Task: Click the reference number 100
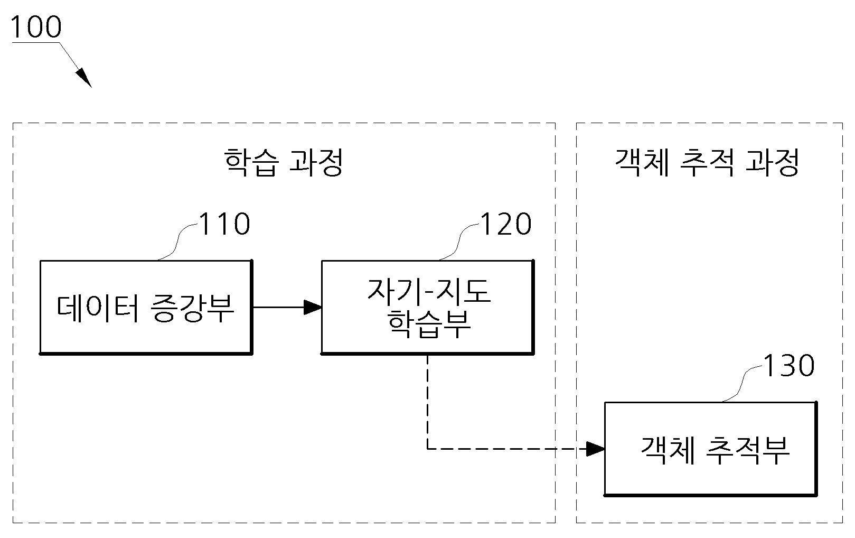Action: [36, 27]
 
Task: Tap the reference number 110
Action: [224, 224]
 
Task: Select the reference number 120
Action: [506, 224]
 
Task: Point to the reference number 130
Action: [788, 366]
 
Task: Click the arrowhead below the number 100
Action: [84, 78]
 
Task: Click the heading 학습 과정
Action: [283, 162]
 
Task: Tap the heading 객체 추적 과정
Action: [707, 162]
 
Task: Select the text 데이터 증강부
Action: [145, 308]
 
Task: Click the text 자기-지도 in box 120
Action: [429, 291]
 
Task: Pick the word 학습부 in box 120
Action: [429, 324]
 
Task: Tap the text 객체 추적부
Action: [715, 450]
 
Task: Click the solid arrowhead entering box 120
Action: [313, 307]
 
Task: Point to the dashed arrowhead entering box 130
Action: [596, 449]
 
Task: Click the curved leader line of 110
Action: [177, 242]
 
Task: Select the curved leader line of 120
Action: [459, 242]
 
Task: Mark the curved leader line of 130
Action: [741, 383]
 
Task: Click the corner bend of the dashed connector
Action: [428, 449]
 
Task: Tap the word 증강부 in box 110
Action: [192, 308]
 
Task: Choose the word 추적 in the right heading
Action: [707, 162]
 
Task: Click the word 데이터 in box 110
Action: [98, 308]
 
